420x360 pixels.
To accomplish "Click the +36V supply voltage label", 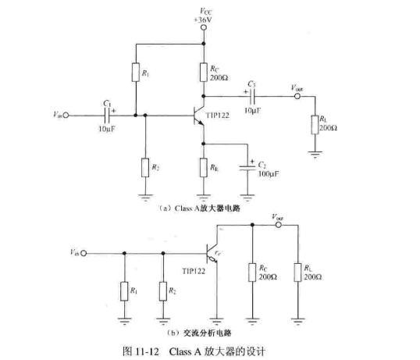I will pyautogui.click(x=205, y=17).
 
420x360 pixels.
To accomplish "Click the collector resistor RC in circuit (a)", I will pyautogui.click(x=205, y=73).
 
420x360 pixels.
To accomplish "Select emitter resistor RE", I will pyautogui.click(x=205, y=167).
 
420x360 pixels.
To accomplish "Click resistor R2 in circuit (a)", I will pyautogui.click(x=145, y=167).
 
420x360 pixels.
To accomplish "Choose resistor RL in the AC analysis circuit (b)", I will pyautogui.click(x=297, y=273).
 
